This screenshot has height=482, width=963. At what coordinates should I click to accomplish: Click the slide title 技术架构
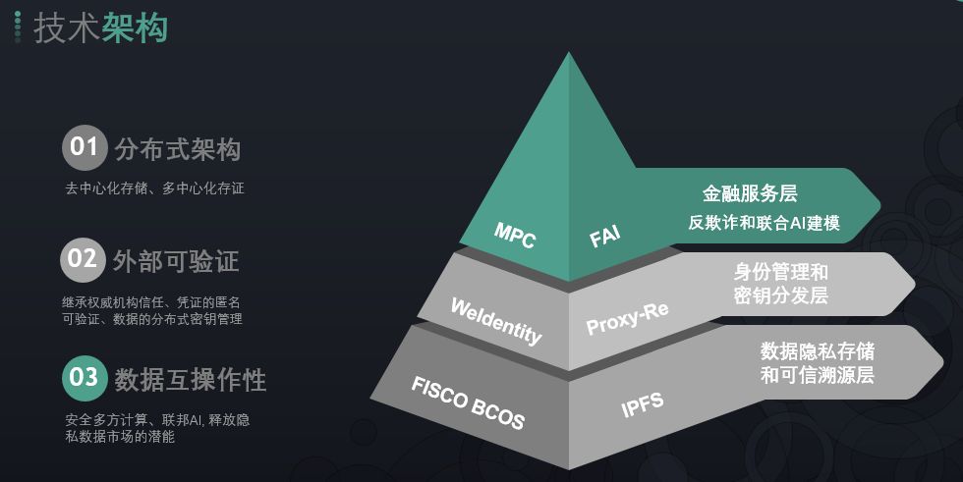(x=100, y=27)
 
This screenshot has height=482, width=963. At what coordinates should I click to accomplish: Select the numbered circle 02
(x=83, y=260)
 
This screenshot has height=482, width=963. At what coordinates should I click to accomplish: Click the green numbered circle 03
(x=85, y=378)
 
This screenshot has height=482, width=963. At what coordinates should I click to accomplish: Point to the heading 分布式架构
(x=177, y=149)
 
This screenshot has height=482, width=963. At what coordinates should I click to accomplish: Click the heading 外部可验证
(x=176, y=262)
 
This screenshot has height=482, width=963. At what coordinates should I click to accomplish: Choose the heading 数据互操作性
(x=190, y=379)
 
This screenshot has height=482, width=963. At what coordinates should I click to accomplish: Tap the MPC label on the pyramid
(x=514, y=235)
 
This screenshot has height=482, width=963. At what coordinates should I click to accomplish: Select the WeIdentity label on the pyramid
(x=495, y=321)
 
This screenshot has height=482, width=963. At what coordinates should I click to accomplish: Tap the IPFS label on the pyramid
(x=642, y=402)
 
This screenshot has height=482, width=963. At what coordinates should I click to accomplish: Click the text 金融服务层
(x=750, y=192)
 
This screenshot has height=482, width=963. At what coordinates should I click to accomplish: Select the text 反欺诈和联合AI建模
(x=764, y=223)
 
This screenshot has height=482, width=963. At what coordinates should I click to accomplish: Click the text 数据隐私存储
(x=817, y=351)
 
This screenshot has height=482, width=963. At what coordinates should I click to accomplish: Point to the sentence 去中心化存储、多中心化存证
(x=154, y=188)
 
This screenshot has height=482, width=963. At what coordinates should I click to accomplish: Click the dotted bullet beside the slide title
(x=17, y=27)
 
